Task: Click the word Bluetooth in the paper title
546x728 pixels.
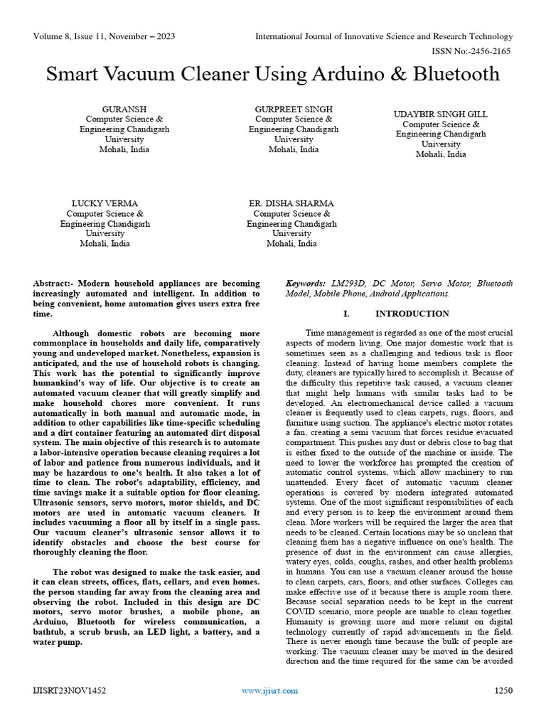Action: (x=455, y=75)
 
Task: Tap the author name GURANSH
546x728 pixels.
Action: (x=124, y=109)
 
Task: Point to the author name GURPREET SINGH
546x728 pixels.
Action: (x=294, y=109)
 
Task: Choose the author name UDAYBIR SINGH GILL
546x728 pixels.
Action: (x=441, y=114)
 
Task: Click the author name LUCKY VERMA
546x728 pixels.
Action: (x=105, y=203)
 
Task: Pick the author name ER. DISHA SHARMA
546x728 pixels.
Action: (x=291, y=203)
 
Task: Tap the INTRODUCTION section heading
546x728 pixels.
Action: (x=412, y=314)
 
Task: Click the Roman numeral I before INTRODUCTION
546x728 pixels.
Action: (x=345, y=314)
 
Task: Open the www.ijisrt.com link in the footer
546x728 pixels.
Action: (x=270, y=690)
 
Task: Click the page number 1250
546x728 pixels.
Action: (x=503, y=690)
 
